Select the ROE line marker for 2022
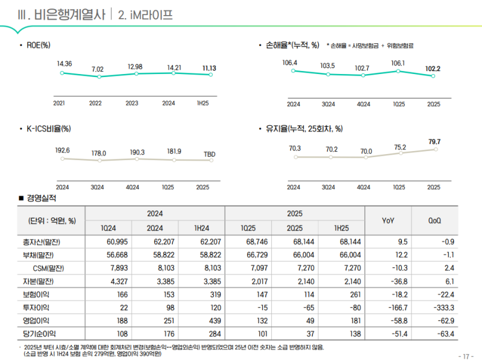coord(98,77)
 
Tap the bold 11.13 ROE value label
coord(210,69)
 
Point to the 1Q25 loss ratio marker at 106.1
coord(398,71)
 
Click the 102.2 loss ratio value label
coord(433,69)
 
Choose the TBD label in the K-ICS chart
coord(209,154)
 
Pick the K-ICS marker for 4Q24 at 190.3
coord(137,159)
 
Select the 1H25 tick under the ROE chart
coord(203,103)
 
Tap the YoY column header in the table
coord(388,220)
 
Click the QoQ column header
coord(434,220)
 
